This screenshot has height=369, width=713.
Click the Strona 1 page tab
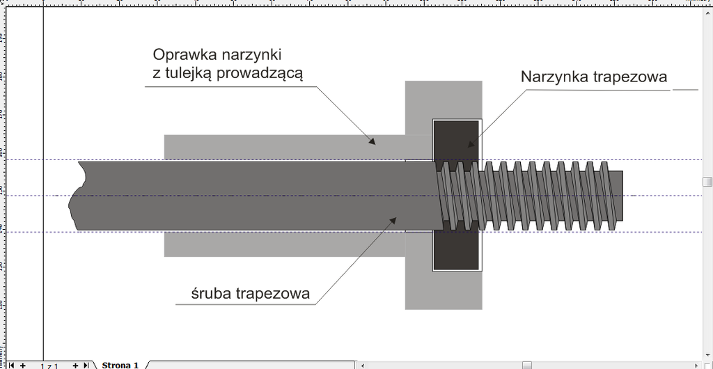(120, 365)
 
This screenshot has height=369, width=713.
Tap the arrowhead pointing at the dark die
(470, 144)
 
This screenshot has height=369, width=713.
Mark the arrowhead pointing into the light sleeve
(373, 141)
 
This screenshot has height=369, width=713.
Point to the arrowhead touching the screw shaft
(394, 220)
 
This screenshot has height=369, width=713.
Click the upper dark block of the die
(456, 139)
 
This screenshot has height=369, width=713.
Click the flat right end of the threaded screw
(622, 196)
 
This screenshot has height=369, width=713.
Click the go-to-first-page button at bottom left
(11, 365)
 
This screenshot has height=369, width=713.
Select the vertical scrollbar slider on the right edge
(707, 182)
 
